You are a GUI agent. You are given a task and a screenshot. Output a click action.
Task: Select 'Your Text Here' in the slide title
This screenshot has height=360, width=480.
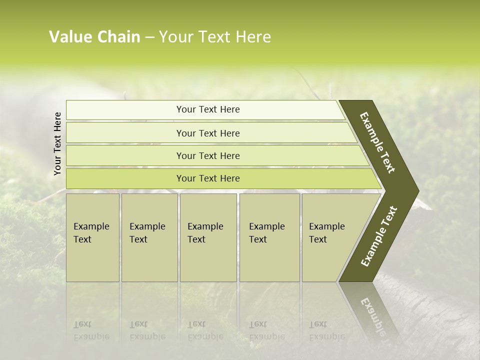(215, 37)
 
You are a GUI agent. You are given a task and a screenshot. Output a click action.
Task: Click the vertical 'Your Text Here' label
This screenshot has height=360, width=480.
(57, 143)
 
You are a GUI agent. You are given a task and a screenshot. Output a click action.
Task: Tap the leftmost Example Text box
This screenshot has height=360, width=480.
(92, 237)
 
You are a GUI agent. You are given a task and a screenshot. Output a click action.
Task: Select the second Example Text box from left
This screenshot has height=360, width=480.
(149, 237)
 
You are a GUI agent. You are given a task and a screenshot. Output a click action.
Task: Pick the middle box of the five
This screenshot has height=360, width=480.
(208, 237)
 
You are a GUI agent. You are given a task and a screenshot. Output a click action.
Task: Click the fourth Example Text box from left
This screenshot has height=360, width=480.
(269, 237)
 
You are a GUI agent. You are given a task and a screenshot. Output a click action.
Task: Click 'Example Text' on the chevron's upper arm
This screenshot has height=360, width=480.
(377, 142)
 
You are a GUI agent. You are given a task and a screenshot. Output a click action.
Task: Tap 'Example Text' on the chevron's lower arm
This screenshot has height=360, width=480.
(378, 236)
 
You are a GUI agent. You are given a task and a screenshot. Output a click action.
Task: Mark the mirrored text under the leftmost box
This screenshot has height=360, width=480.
(91, 330)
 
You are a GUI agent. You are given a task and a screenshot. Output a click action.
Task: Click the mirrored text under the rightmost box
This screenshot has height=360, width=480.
(327, 330)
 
